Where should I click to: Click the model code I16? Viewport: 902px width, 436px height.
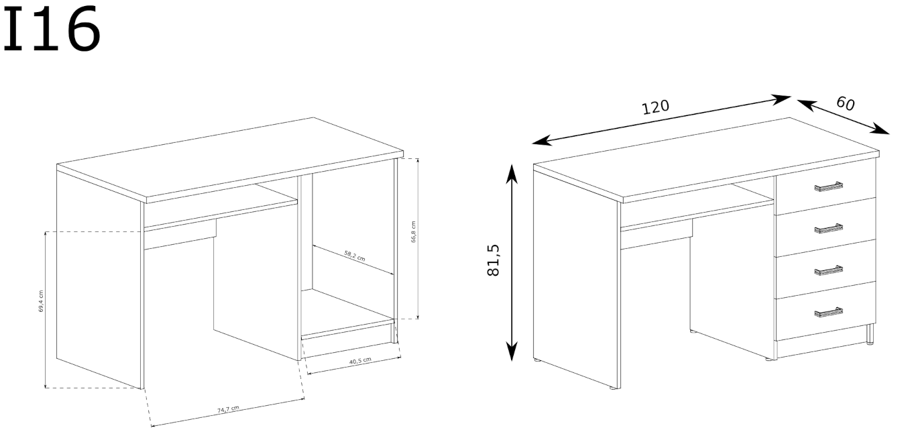[x=51, y=28]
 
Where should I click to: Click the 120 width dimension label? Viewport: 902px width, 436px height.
[x=655, y=107]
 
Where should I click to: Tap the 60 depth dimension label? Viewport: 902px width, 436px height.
[x=845, y=103]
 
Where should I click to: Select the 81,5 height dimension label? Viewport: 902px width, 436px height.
[x=494, y=260]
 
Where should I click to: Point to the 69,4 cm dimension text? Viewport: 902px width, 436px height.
[x=41, y=302]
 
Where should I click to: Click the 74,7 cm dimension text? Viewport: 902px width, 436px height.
[x=228, y=409]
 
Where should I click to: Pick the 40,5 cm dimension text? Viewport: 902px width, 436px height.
[x=360, y=361]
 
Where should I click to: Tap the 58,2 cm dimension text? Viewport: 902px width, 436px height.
[x=354, y=256]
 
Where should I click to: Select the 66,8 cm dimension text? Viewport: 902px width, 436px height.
[x=413, y=232]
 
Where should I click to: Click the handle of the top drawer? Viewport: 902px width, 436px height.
[x=828, y=186]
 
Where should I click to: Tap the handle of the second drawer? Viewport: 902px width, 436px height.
[x=828, y=229]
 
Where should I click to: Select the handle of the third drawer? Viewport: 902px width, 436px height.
[x=828, y=270]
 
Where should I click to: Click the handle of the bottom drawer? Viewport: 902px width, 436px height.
[x=828, y=313]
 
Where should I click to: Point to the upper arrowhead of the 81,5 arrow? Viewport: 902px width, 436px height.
[x=512, y=173]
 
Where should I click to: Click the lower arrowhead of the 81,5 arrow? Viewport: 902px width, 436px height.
[x=512, y=351]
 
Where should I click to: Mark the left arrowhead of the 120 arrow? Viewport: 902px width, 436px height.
[x=542, y=141]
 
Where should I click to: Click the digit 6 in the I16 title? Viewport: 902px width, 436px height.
[x=83, y=28]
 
